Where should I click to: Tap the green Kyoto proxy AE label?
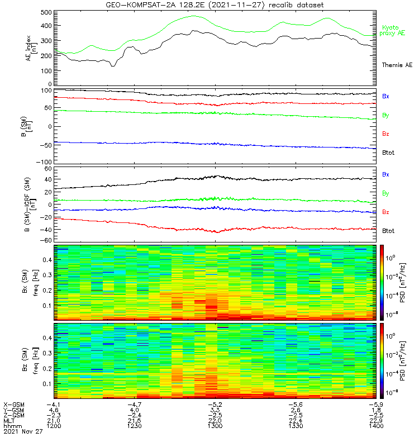coord(394,30)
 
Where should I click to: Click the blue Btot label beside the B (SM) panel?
coord(388,153)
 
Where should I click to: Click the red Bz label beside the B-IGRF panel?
coord(385,212)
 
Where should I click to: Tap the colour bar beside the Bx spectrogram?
coord(383,282)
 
